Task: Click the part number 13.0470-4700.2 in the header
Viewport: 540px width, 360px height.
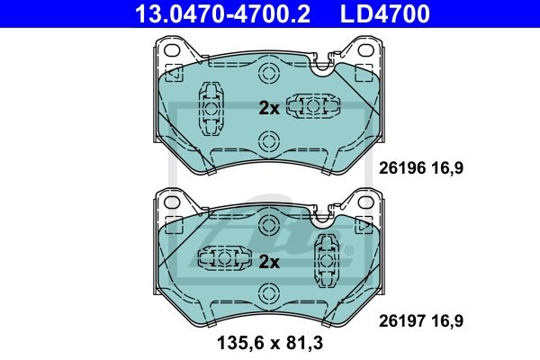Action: (x=222, y=13)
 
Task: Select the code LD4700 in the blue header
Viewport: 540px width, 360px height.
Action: (x=385, y=13)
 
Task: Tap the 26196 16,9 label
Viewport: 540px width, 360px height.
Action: (x=421, y=168)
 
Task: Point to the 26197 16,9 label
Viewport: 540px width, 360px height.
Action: (x=421, y=320)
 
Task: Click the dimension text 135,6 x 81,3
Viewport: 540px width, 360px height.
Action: (x=270, y=343)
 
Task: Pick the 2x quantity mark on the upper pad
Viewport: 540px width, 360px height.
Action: (x=269, y=109)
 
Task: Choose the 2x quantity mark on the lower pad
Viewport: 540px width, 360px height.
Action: (x=269, y=262)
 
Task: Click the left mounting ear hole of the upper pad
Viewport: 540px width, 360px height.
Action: (x=172, y=50)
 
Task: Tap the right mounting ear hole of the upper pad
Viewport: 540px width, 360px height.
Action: (x=365, y=50)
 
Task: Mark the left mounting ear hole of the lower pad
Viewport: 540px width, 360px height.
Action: (x=172, y=202)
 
